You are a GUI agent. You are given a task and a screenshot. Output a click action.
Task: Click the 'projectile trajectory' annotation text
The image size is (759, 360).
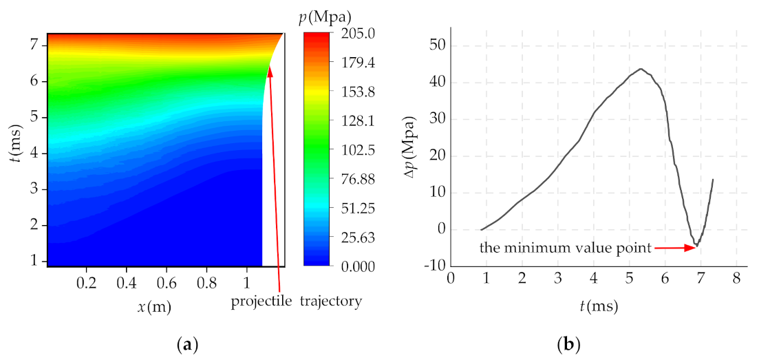296,301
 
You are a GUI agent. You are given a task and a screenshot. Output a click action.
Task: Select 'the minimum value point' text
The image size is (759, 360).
566,248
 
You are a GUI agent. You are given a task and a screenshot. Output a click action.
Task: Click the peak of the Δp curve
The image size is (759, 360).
641,69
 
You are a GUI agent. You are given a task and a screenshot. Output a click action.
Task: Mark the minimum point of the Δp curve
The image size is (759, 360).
696,245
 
